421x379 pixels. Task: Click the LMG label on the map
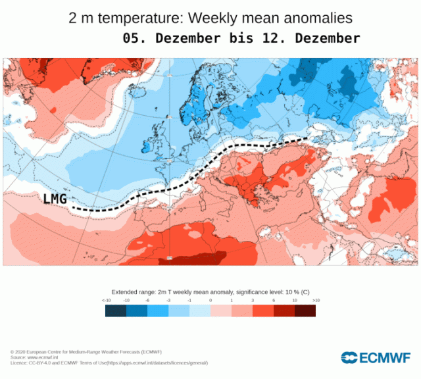click(x=55, y=198)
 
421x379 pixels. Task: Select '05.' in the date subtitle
click(x=135, y=38)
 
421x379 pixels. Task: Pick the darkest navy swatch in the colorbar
click(x=116, y=311)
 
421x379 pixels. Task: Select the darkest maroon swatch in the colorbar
click(x=305, y=311)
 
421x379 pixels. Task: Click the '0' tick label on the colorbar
click(x=210, y=300)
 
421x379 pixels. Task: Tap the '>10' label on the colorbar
click(x=315, y=300)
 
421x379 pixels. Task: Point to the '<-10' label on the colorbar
click(x=106, y=300)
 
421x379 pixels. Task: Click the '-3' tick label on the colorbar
click(x=168, y=300)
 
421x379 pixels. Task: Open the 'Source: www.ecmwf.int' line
click(x=39, y=357)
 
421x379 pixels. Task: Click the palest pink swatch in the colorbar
click(x=221, y=311)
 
